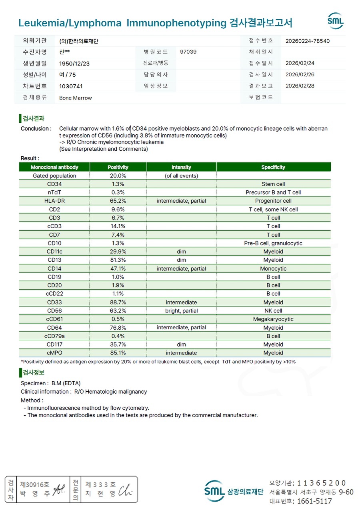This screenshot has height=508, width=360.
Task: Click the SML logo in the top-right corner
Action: point(336,21)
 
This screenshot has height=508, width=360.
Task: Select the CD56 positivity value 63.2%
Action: point(118,311)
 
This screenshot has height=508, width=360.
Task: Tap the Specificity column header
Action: point(273,167)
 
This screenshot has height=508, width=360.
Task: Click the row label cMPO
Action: point(54,353)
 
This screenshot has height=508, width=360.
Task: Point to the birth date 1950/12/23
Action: point(74,64)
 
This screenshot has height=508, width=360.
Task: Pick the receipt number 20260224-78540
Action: point(308,41)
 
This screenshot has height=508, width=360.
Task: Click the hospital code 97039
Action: point(188,52)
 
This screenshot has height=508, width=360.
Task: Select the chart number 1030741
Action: point(71,86)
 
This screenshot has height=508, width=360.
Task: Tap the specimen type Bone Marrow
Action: point(76,98)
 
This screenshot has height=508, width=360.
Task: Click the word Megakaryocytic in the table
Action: point(273,319)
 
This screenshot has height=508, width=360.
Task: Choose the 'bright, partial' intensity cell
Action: point(181,311)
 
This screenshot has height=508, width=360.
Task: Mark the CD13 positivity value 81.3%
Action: point(118,260)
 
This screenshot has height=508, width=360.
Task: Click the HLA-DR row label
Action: point(54,201)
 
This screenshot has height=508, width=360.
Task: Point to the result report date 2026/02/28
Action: point(300,86)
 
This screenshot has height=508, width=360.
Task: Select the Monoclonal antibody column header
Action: point(54,167)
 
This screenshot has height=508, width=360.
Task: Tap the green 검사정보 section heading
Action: point(33,373)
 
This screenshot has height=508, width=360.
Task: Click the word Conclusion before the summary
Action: point(36,129)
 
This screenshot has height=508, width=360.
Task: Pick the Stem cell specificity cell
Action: point(273,184)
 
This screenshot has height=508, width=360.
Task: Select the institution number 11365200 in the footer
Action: point(321,483)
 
